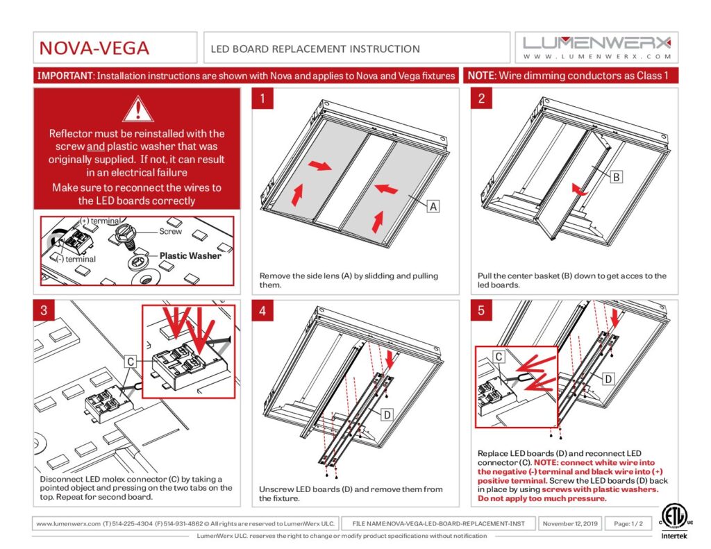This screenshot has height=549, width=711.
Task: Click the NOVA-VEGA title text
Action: click(94, 48)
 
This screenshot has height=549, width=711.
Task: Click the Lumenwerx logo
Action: click(596, 48)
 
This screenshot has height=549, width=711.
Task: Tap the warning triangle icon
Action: click(138, 109)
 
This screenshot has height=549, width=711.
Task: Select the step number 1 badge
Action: click(262, 99)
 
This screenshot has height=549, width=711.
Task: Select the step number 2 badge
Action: click(482, 99)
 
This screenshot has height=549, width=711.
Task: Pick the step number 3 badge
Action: click(44, 310)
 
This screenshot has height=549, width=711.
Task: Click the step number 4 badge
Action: click(262, 310)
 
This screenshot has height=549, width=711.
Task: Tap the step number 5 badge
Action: click(482, 310)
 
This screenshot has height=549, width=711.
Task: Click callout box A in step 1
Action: click(433, 206)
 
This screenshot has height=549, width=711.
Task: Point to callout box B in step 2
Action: click(617, 177)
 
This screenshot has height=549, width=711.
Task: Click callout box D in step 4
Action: click(387, 415)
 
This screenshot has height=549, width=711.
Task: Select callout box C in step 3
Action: click(131, 362)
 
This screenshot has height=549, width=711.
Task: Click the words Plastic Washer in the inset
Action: click(190, 255)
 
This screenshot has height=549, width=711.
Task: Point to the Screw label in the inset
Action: click(171, 231)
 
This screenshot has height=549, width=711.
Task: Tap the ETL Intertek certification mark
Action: click(674, 522)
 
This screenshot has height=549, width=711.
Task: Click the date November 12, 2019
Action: click(570, 523)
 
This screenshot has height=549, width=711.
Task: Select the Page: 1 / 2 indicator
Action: click(628, 523)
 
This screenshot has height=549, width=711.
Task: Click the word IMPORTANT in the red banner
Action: click(65, 76)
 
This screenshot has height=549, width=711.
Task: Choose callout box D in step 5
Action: click(608, 379)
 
